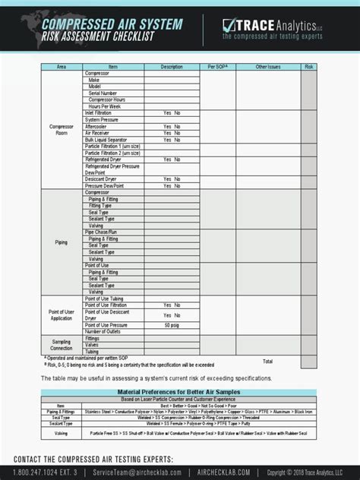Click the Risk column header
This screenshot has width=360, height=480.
click(x=309, y=67)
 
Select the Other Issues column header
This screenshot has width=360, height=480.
click(x=268, y=67)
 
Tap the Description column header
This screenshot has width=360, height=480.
click(x=172, y=67)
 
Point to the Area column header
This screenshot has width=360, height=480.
click(x=62, y=67)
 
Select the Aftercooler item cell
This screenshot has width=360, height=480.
click(x=98, y=126)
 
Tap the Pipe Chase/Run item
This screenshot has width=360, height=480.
click(x=102, y=232)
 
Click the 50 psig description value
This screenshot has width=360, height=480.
click(x=172, y=324)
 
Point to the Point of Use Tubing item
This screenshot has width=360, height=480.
click(x=107, y=298)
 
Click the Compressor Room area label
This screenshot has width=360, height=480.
click(x=62, y=130)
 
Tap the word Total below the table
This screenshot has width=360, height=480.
click(x=268, y=361)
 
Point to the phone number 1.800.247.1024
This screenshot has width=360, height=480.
click(x=38, y=472)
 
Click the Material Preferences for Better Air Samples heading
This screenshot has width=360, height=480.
click(x=178, y=392)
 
